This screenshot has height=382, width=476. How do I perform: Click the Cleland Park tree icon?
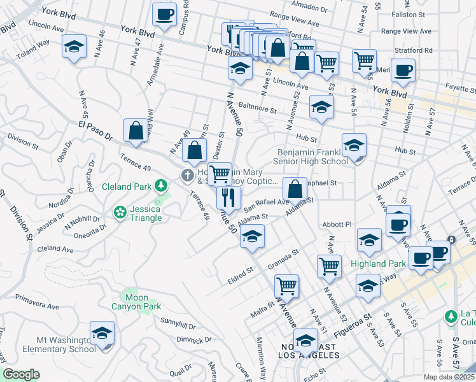click(x=162, y=186)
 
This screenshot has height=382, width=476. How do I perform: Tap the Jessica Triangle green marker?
click(x=120, y=212)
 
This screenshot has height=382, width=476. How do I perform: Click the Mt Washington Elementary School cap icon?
click(x=102, y=333)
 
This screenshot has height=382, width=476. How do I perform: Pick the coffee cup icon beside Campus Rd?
click(x=164, y=14)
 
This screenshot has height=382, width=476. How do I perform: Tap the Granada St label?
click(x=283, y=260)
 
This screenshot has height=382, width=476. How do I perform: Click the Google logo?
click(x=21, y=374)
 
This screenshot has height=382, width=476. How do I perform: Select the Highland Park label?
click(x=378, y=264)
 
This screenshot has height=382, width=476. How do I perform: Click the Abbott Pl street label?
click(x=337, y=224)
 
